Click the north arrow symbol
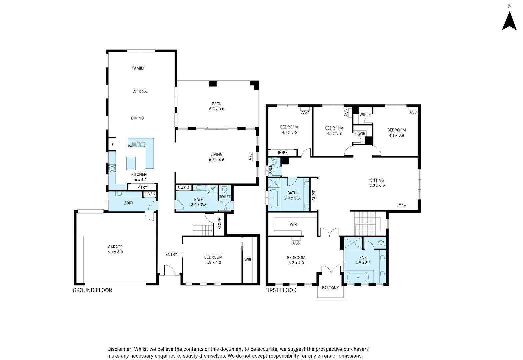[x=509, y=21]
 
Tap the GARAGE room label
[x=115, y=247]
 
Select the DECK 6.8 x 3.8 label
[x=216, y=106]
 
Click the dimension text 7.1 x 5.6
[x=140, y=91]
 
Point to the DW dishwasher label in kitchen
[x=130, y=146]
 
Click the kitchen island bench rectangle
[x=131, y=163]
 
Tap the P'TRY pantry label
[x=142, y=187]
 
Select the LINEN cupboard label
[x=150, y=194]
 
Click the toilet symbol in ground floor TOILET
[x=224, y=190]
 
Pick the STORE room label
[x=220, y=224]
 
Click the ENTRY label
[x=171, y=254]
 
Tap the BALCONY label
[x=330, y=288]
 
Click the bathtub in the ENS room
[x=358, y=277]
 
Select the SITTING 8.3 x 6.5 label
[x=377, y=183]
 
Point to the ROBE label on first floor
[x=283, y=153]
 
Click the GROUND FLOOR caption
[x=92, y=290]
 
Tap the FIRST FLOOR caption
[x=281, y=290]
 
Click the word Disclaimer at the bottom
[x=120, y=349]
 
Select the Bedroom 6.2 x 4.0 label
[x=296, y=260]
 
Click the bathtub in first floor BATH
[x=273, y=199]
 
